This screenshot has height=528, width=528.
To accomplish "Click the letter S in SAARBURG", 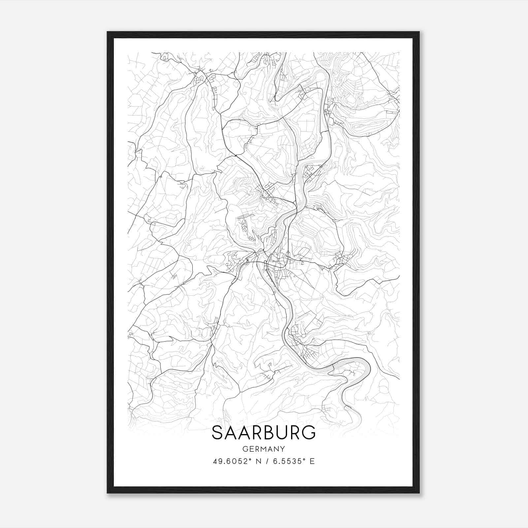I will (218, 433).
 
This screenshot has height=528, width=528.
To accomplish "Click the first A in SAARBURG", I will (232, 433).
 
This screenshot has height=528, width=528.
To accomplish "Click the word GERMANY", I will (263, 449).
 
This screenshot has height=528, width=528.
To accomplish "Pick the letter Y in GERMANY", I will (282, 449).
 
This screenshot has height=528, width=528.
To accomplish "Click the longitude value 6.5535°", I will (287, 461).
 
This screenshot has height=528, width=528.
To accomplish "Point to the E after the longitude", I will (312, 461).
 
